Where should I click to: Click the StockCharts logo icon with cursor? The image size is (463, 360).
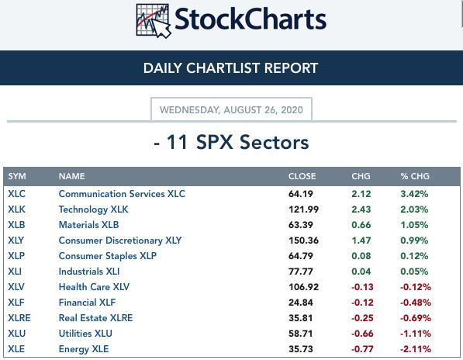[154, 21]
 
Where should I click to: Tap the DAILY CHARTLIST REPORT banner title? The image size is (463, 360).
[230, 68]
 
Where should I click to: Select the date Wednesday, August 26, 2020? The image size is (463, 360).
[231, 110]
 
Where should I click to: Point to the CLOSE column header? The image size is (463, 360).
[302, 176]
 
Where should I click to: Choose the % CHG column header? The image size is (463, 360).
[415, 176]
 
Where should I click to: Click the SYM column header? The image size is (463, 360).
[17, 176]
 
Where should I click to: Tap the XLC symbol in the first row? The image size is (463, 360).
[16, 194]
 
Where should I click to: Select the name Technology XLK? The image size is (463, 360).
[93, 209]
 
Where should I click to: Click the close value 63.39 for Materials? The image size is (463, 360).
[301, 225]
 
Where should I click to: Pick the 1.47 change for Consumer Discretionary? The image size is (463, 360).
[361, 241]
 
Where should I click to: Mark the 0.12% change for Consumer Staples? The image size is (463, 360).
[414, 256]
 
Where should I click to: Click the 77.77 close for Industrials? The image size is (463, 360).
[301, 272]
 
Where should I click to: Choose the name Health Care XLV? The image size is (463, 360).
[94, 287]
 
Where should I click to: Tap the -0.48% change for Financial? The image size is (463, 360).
[416, 303]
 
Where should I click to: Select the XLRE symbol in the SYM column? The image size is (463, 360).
[19, 318]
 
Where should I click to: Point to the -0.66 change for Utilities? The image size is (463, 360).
[362, 334]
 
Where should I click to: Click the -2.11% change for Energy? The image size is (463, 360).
[416, 349]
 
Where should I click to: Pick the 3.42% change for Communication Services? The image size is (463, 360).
[414, 194]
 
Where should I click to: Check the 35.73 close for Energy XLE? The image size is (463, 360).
[301, 349]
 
